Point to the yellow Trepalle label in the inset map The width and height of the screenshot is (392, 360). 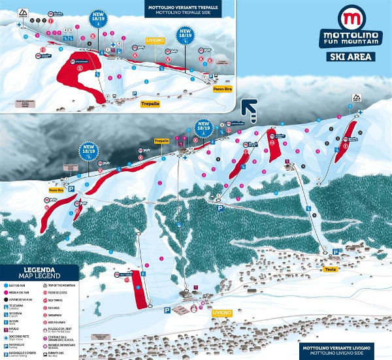150,103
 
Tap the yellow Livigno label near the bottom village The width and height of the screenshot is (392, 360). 221,313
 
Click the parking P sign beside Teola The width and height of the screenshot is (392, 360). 335,252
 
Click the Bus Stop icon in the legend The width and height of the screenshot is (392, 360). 47,355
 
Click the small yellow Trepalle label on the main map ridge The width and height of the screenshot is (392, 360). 161,141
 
